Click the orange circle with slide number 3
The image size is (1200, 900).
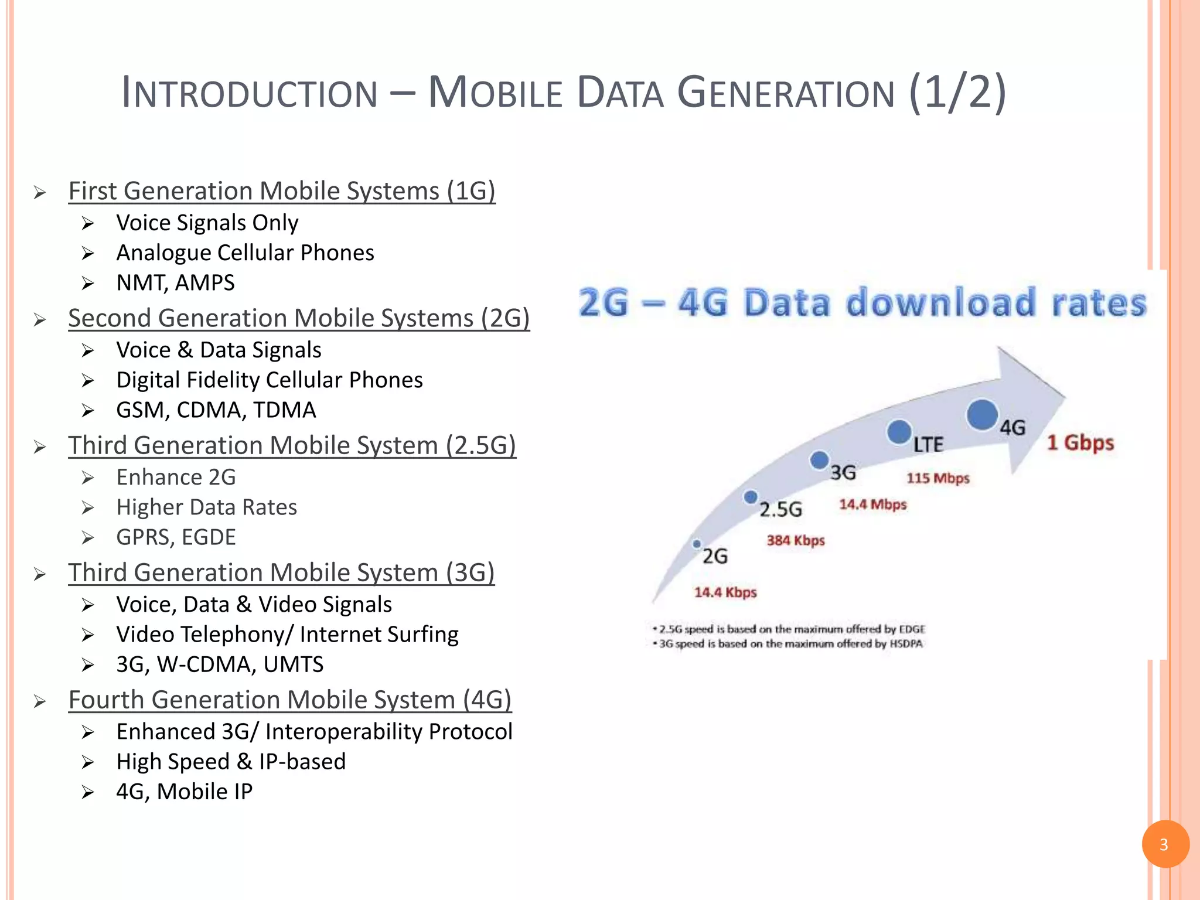[x=1165, y=844]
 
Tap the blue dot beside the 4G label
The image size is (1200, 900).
[x=982, y=414]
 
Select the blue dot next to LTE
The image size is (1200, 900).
[x=899, y=432]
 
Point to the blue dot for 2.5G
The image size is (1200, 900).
[x=750, y=497]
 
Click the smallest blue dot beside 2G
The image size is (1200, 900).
[x=697, y=544]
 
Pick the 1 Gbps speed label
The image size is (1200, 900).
[x=1080, y=443]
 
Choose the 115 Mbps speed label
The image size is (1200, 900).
[x=937, y=478]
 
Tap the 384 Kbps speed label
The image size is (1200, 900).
[x=795, y=540]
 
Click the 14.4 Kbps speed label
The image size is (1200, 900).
[x=725, y=592]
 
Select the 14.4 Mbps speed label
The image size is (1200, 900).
[x=872, y=504]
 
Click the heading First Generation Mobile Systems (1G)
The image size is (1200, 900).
[x=282, y=191]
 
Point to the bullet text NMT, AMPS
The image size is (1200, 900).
[x=175, y=283]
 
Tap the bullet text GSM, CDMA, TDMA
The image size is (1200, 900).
[x=216, y=410]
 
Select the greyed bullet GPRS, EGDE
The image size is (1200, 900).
[x=176, y=537]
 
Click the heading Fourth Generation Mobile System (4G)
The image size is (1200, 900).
[x=290, y=700]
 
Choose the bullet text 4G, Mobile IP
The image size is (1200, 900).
[x=184, y=792]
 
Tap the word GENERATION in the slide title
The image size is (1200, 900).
[x=786, y=93]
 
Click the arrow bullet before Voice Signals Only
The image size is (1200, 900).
[x=88, y=223]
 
